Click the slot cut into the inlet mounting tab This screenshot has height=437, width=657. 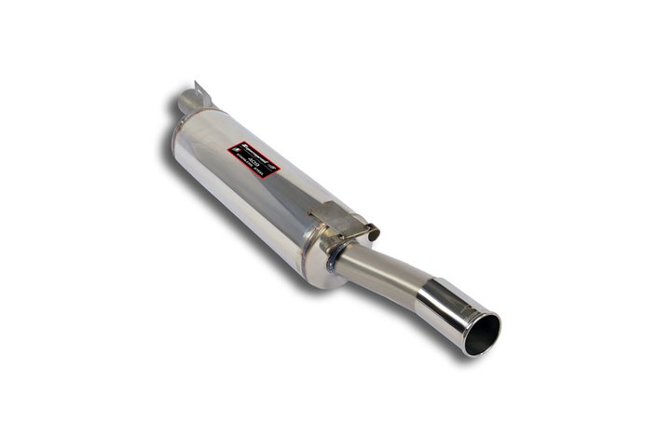[x=197, y=89]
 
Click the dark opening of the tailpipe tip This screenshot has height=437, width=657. [x=483, y=335]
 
